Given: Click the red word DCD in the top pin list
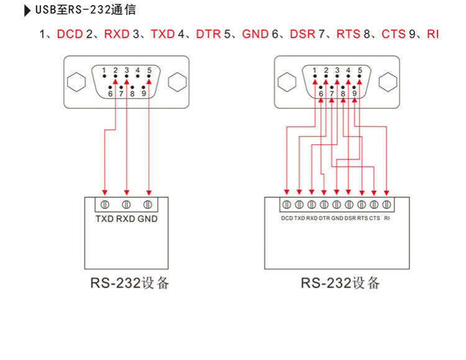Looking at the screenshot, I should pyautogui.click(x=70, y=34).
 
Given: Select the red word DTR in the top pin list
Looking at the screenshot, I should pyautogui.click(x=208, y=34).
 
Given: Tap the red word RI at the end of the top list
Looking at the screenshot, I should pyautogui.click(x=432, y=34).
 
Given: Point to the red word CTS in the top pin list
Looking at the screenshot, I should pyautogui.click(x=393, y=34).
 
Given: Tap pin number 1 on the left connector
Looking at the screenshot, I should pyautogui.click(x=104, y=70).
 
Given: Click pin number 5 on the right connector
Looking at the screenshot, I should pyautogui.click(x=360, y=70).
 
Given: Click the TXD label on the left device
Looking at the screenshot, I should pyautogui.click(x=104, y=219).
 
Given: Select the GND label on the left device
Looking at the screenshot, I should pyautogui.click(x=148, y=219).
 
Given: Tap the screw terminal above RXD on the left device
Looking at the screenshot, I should pyautogui.click(x=126, y=204).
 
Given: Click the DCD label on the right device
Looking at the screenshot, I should pyautogui.click(x=286, y=218).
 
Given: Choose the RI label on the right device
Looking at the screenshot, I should pyautogui.click(x=387, y=218).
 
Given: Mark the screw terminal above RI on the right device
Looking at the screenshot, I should pyautogui.click(x=386, y=204).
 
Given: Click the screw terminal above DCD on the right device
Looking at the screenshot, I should pyautogui.click(x=286, y=204).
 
